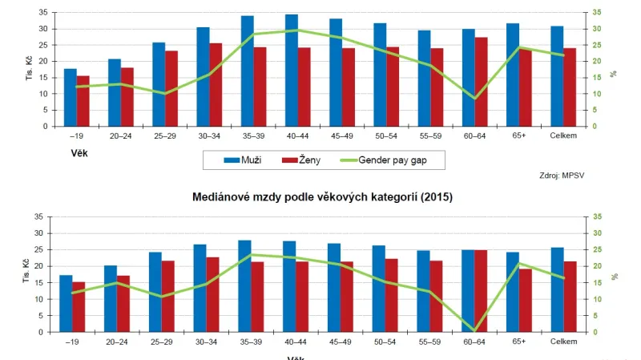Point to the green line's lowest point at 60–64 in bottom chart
pyautogui.click(x=474, y=330)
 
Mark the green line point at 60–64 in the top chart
pyautogui.click(x=474, y=99)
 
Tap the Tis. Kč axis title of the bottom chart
pyautogui.click(x=11, y=274)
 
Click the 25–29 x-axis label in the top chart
pyautogui.click(x=165, y=136)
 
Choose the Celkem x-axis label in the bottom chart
pyautogui.click(x=564, y=341)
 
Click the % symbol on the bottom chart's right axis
pyautogui.click(x=614, y=275)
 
